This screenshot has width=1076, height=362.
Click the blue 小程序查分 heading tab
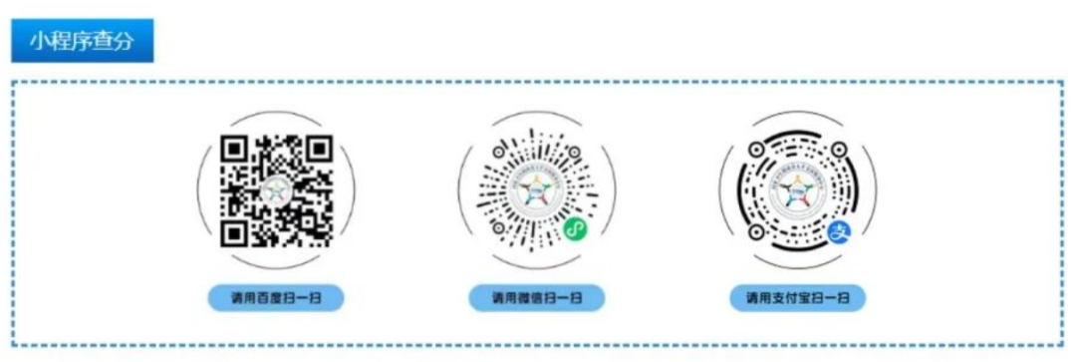pos(82,42)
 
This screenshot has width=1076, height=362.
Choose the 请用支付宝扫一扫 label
pos(798,297)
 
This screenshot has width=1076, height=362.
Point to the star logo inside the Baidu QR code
pos(276,190)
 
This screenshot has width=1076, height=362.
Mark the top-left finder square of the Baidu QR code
pos(234,150)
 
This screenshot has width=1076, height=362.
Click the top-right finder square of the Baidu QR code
pos(318,150)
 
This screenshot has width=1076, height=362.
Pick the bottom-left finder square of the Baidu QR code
pos(234,232)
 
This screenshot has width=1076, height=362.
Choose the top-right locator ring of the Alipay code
pos(839,151)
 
